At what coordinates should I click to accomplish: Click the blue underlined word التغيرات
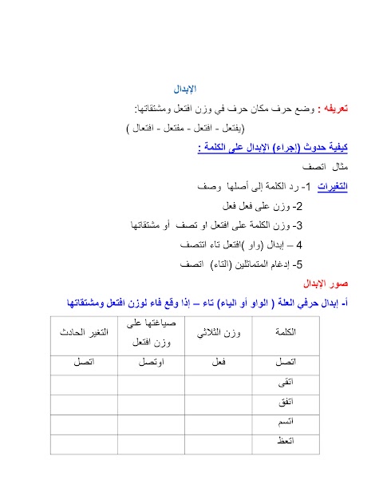(313, 187)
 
